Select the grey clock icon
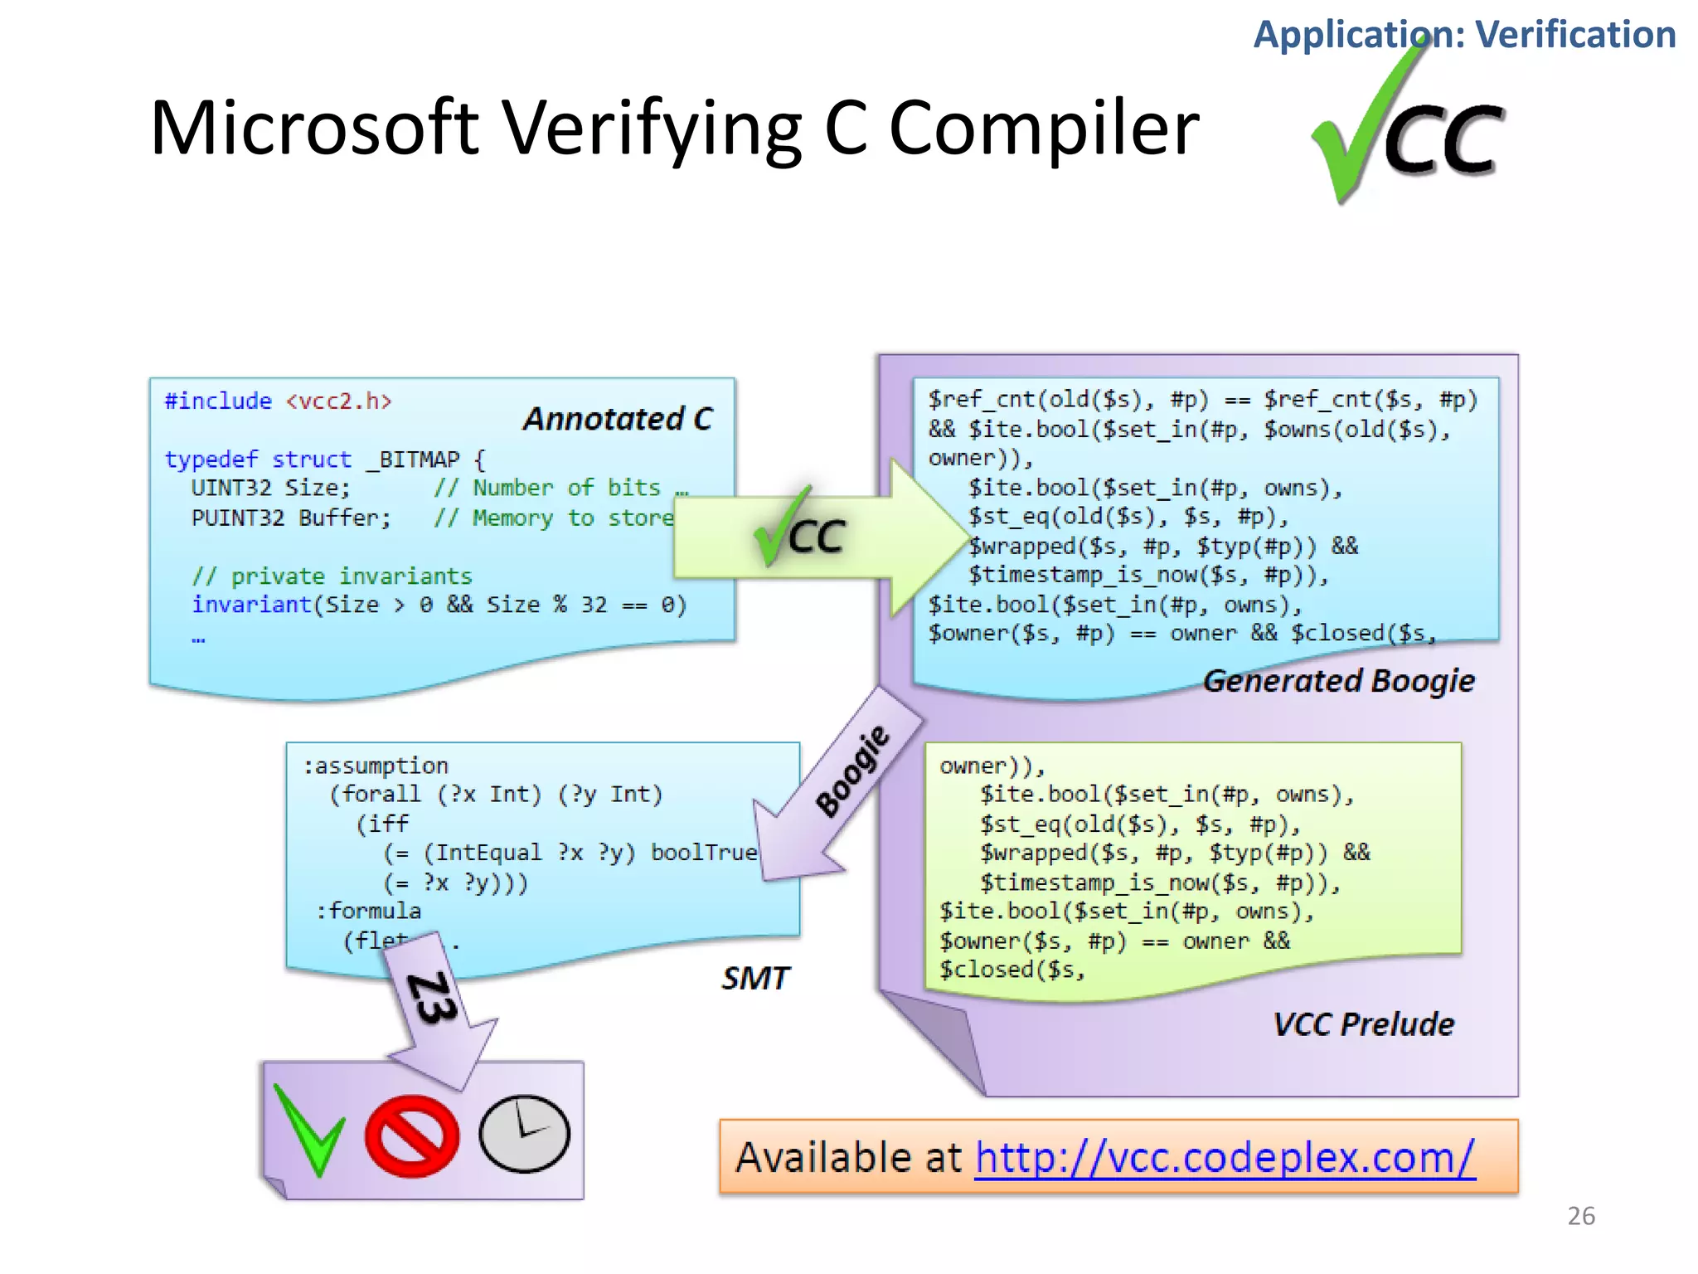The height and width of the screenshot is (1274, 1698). point(524,1134)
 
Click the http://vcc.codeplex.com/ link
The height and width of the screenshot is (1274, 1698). point(1225,1158)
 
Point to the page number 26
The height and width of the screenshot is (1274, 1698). point(1580,1216)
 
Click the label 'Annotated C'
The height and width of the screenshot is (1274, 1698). point(618,419)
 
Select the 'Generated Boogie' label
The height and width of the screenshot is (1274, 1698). point(1338,681)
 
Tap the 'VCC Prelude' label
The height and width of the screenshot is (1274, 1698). point(1363,1024)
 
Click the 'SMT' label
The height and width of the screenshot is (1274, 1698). point(754,979)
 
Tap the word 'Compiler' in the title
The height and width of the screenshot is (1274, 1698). point(1044,129)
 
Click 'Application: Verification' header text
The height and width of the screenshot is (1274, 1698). point(1463,35)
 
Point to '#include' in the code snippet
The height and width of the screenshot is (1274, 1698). point(218,401)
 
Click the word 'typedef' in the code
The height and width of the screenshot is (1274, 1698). point(211,460)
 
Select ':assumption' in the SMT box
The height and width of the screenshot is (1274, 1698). point(376,766)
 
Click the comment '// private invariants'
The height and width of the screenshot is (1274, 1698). point(332,576)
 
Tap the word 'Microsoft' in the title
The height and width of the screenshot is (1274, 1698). point(314,129)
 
